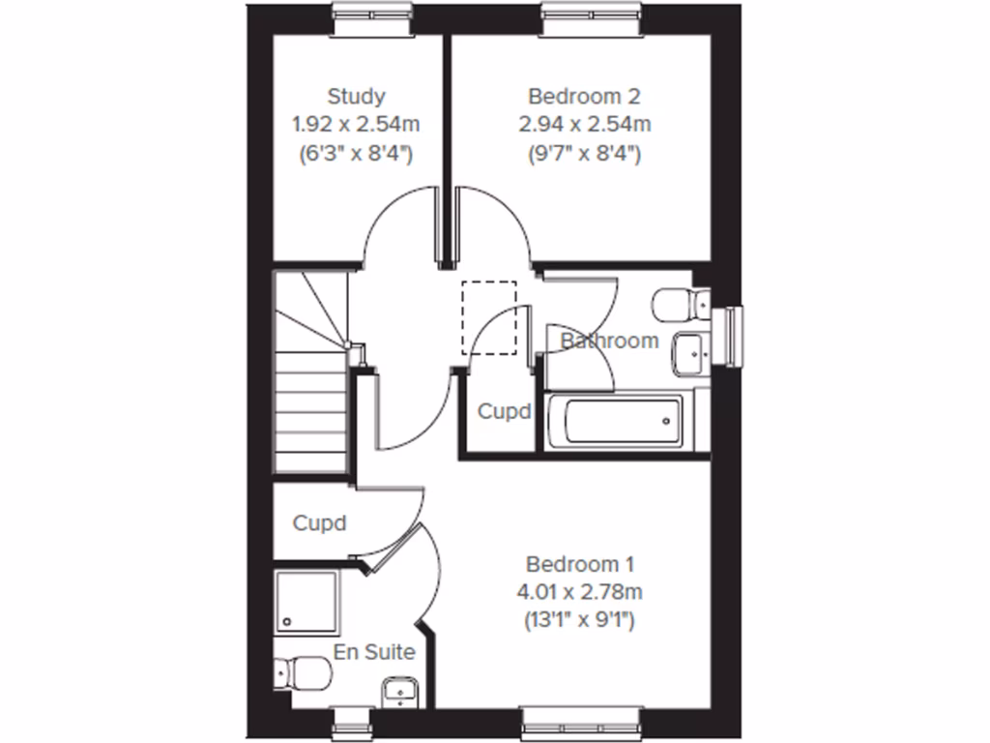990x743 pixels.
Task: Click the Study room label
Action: (x=356, y=97)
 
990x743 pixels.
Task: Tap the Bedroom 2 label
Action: (x=584, y=97)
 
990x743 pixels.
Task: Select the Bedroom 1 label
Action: (x=579, y=564)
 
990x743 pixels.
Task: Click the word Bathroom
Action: (x=610, y=341)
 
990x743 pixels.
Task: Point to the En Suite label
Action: (x=374, y=652)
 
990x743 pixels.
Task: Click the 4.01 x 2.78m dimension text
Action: (x=579, y=591)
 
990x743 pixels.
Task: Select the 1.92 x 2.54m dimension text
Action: (x=356, y=124)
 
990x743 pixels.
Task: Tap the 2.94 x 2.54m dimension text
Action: (x=584, y=124)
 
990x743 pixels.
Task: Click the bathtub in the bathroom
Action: (x=615, y=422)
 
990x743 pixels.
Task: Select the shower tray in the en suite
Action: (x=306, y=602)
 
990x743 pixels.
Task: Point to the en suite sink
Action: (x=399, y=691)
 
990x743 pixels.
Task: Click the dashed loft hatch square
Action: (x=489, y=317)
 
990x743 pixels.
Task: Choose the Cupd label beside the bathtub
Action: (x=505, y=412)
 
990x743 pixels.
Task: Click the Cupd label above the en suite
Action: (x=320, y=523)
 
